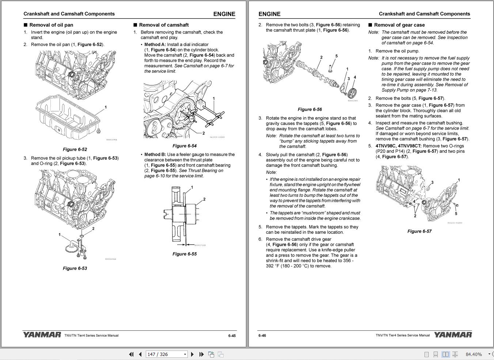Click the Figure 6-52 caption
coord(75,149)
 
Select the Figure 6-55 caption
coord(184,254)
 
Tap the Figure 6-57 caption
coord(419,231)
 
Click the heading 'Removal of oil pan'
coord(51,25)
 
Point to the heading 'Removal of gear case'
coord(399,25)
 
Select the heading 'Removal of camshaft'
coord(164,25)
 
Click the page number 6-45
coord(232,336)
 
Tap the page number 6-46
coord(262,336)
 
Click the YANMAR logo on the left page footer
coord(42,335)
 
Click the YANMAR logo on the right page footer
coord(453,335)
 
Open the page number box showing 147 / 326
coord(166,354)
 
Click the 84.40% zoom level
coord(474,354)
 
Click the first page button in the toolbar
coord(131,354)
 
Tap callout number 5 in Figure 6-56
coord(336,56)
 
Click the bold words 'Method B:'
coord(155,154)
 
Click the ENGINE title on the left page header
coord(224,14)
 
